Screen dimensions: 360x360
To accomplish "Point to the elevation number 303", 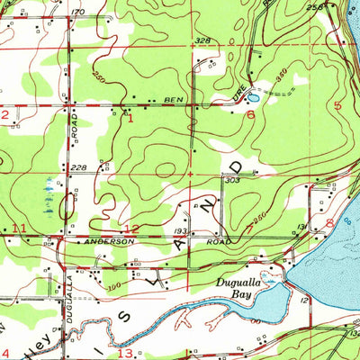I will [x=231, y=181].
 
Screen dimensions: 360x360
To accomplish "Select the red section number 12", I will [x=131, y=229].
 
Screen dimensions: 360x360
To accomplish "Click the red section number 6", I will [x=250, y=115].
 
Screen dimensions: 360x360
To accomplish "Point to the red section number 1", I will [x=130, y=117].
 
